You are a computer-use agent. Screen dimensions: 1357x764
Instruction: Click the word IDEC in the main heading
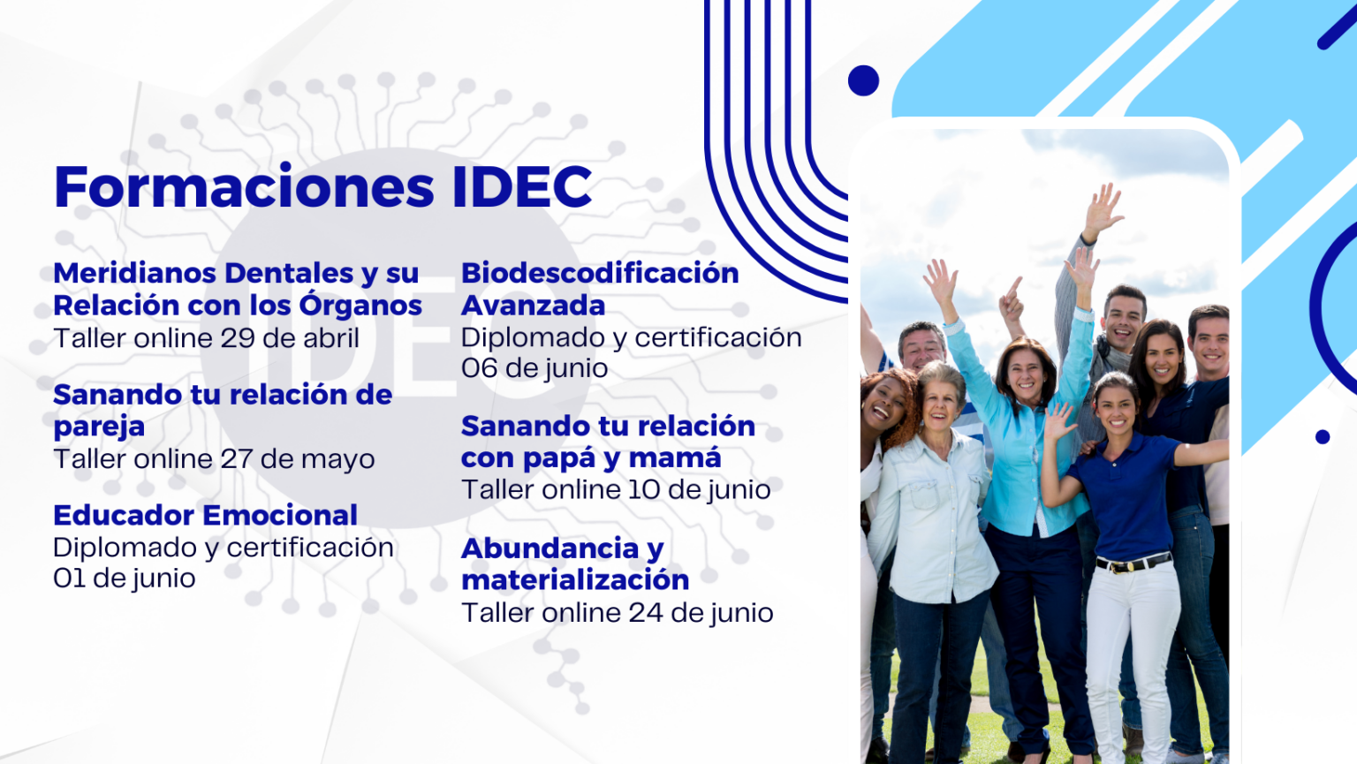click(x=522, y=186)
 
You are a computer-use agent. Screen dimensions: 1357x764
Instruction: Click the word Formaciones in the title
click(x=244, y=186)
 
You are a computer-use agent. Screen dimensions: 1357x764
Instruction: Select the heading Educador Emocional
click(x=205, y=516)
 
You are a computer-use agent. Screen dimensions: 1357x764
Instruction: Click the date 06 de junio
click(x=534, y=367)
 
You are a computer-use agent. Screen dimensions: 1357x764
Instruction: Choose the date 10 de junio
click(x=699, y=489)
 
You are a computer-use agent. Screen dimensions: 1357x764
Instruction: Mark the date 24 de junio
click(x=701, y=613)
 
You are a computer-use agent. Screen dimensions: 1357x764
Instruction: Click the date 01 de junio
click(x=125, y=578)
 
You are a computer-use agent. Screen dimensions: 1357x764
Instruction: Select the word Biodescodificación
click(x=600, y=273)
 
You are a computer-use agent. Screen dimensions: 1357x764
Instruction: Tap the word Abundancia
click(x=550, y=548)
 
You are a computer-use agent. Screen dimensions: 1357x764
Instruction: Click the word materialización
click(x=575, y=580)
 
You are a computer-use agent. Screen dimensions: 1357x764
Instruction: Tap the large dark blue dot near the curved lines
click(x=863, y=80)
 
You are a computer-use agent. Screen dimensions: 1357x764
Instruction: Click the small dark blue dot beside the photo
click(x=1323, y=437)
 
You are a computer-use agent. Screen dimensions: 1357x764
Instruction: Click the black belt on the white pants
click(x=1133, y=564)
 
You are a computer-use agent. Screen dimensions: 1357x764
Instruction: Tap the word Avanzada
click(x=533, y=306)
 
